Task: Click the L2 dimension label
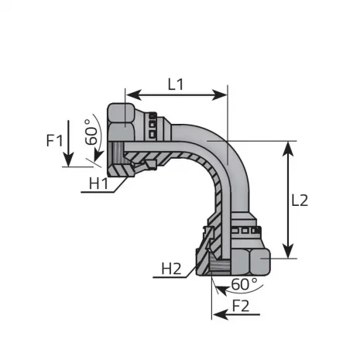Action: click(x=300, y=200)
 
